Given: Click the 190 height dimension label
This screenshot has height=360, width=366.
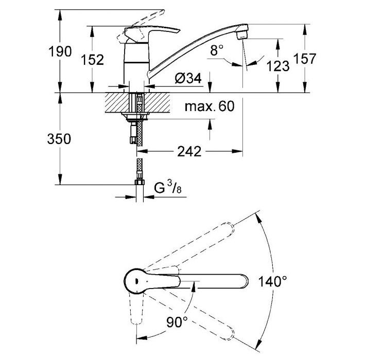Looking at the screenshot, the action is coord(60,51).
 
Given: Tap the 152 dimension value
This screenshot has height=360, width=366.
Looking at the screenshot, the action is coord(92,60).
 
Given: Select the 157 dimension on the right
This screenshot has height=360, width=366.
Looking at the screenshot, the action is coord(305,58).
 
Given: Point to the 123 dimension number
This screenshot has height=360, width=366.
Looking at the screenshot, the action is coord(278,66).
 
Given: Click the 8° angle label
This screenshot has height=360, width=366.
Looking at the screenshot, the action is coord(217,50).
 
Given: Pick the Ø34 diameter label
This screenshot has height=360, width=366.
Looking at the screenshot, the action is coord(188,78).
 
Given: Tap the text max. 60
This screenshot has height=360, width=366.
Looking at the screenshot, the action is coord(210,106).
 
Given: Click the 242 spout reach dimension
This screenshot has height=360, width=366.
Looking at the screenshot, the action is coord(189,152).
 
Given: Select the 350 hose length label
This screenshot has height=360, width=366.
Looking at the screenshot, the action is coord(59,139).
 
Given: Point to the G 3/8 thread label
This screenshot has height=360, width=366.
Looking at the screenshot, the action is coord(168,188).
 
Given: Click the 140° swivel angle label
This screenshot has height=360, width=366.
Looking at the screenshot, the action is coord(273,281).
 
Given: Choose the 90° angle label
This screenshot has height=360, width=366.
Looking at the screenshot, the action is coord(177,322).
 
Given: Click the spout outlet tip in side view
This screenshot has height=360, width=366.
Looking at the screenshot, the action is coord(242,35).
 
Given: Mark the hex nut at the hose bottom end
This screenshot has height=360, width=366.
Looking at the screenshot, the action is coord(140,182).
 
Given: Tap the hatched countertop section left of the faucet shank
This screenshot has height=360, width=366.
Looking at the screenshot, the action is coord(117,103).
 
